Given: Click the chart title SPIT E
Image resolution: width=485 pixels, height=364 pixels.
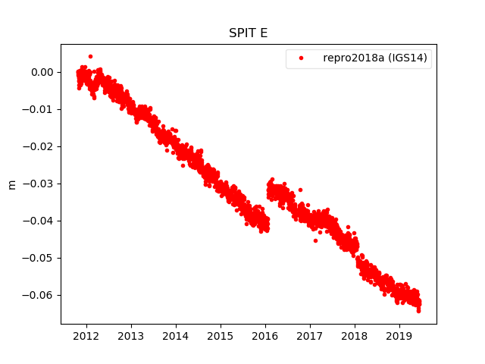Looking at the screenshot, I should click(x=248, y=33).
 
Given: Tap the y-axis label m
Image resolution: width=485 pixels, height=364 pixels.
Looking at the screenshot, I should click(x=11, y=184).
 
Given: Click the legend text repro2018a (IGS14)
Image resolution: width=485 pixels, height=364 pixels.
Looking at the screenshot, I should click(x=377, y=58).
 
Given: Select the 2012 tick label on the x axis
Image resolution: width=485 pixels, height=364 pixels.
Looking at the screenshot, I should click(x=86, y=336).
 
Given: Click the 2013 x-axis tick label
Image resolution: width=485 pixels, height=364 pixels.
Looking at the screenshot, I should click(x=131, y=336).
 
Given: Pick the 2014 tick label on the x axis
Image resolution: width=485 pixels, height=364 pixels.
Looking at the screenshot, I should click(x=176, y=336).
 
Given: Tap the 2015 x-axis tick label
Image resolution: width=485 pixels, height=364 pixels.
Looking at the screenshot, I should click(x=221, y=336).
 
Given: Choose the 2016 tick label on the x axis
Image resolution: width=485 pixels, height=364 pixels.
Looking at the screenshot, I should click(x=265, y=336).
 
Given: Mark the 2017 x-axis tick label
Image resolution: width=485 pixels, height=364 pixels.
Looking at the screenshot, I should click(x=310, y=336).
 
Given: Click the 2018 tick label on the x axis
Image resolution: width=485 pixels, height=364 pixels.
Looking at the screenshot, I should click(x=355, y=336).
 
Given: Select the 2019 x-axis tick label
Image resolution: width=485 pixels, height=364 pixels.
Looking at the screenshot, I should click(x=399, y=336).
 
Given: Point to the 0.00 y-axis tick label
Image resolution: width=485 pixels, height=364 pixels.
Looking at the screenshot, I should click(x=42, y=73).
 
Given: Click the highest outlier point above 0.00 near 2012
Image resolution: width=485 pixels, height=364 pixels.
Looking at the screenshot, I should click(x=90, y=56).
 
